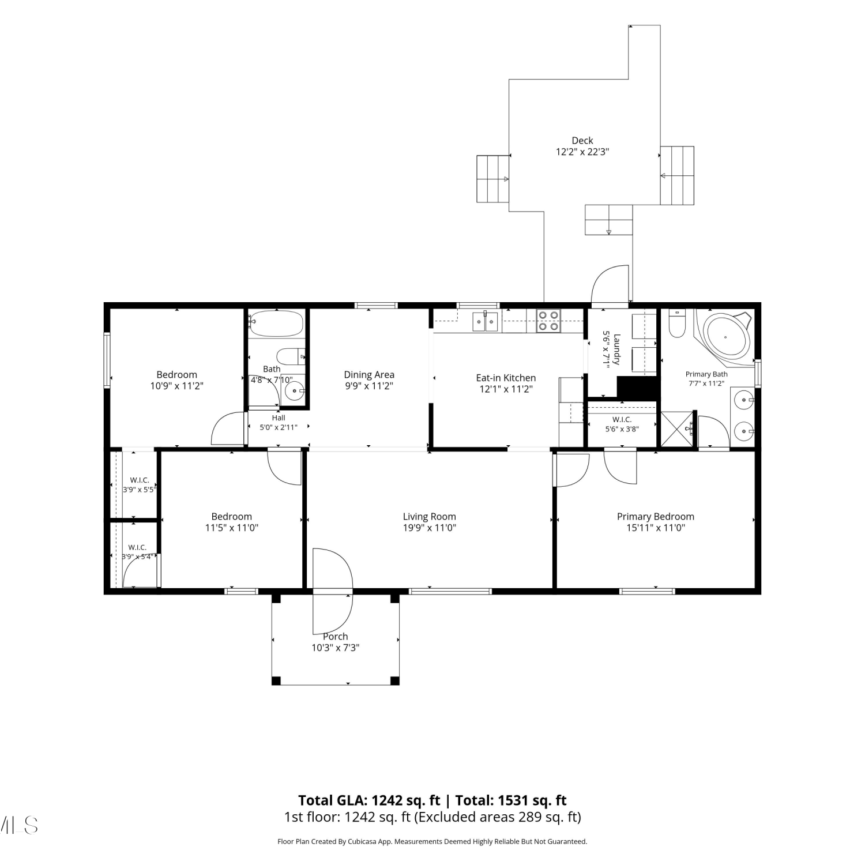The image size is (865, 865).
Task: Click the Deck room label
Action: point(582,140)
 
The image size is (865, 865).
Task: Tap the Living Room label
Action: point(429,517)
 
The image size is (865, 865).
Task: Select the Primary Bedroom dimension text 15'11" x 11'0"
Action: point(656,528)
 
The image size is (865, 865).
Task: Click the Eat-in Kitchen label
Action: point(506,378)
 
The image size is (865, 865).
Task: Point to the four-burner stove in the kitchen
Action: point(548,321)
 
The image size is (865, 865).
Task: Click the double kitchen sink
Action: point(486,321)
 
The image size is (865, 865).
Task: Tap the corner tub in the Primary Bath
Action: point(725,334)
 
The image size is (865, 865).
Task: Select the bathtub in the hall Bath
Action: point(275,324)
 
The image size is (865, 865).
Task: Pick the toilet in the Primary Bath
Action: point(676,323)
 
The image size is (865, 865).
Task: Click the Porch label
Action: point(335,637)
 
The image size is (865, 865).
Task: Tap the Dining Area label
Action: point(369,375)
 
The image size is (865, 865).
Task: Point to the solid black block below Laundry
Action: point(638,388)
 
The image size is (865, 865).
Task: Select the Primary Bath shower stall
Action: point(677,429)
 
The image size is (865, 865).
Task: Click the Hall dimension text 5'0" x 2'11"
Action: point(279,427)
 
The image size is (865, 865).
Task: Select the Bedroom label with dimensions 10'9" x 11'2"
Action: point(177,375)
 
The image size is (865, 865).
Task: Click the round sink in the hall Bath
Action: point(295,390)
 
